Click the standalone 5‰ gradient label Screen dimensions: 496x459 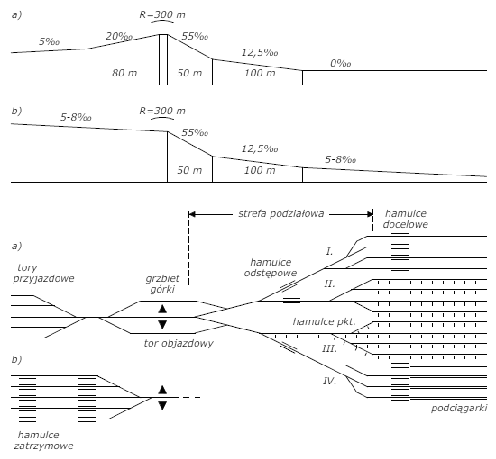click(49, 41)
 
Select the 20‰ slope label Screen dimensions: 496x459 click(119, 36)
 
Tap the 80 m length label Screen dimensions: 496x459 click(124, 73)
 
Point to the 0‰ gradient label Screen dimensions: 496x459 click(340, 64)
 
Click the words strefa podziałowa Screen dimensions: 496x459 click(281, 213)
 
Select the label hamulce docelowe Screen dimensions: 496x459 click(405, 219)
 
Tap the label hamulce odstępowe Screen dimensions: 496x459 click(271, 267)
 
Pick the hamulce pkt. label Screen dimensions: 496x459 click(325, 321)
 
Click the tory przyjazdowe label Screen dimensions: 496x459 click(43, 273)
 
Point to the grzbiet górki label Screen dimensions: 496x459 click(162, 283)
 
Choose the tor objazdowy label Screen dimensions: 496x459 click(179, 343)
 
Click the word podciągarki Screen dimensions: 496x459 click(459, 408)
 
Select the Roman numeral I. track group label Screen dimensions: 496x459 click(329, 251)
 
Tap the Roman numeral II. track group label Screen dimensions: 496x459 click(329, 283)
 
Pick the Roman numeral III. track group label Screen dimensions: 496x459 click(329, 349)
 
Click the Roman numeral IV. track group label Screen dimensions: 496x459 click(329, 381)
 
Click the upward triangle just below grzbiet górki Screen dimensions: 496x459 click(162, 309)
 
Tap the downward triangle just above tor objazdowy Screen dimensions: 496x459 click(162, 325)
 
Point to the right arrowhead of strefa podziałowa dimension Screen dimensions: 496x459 click(370, 214)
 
